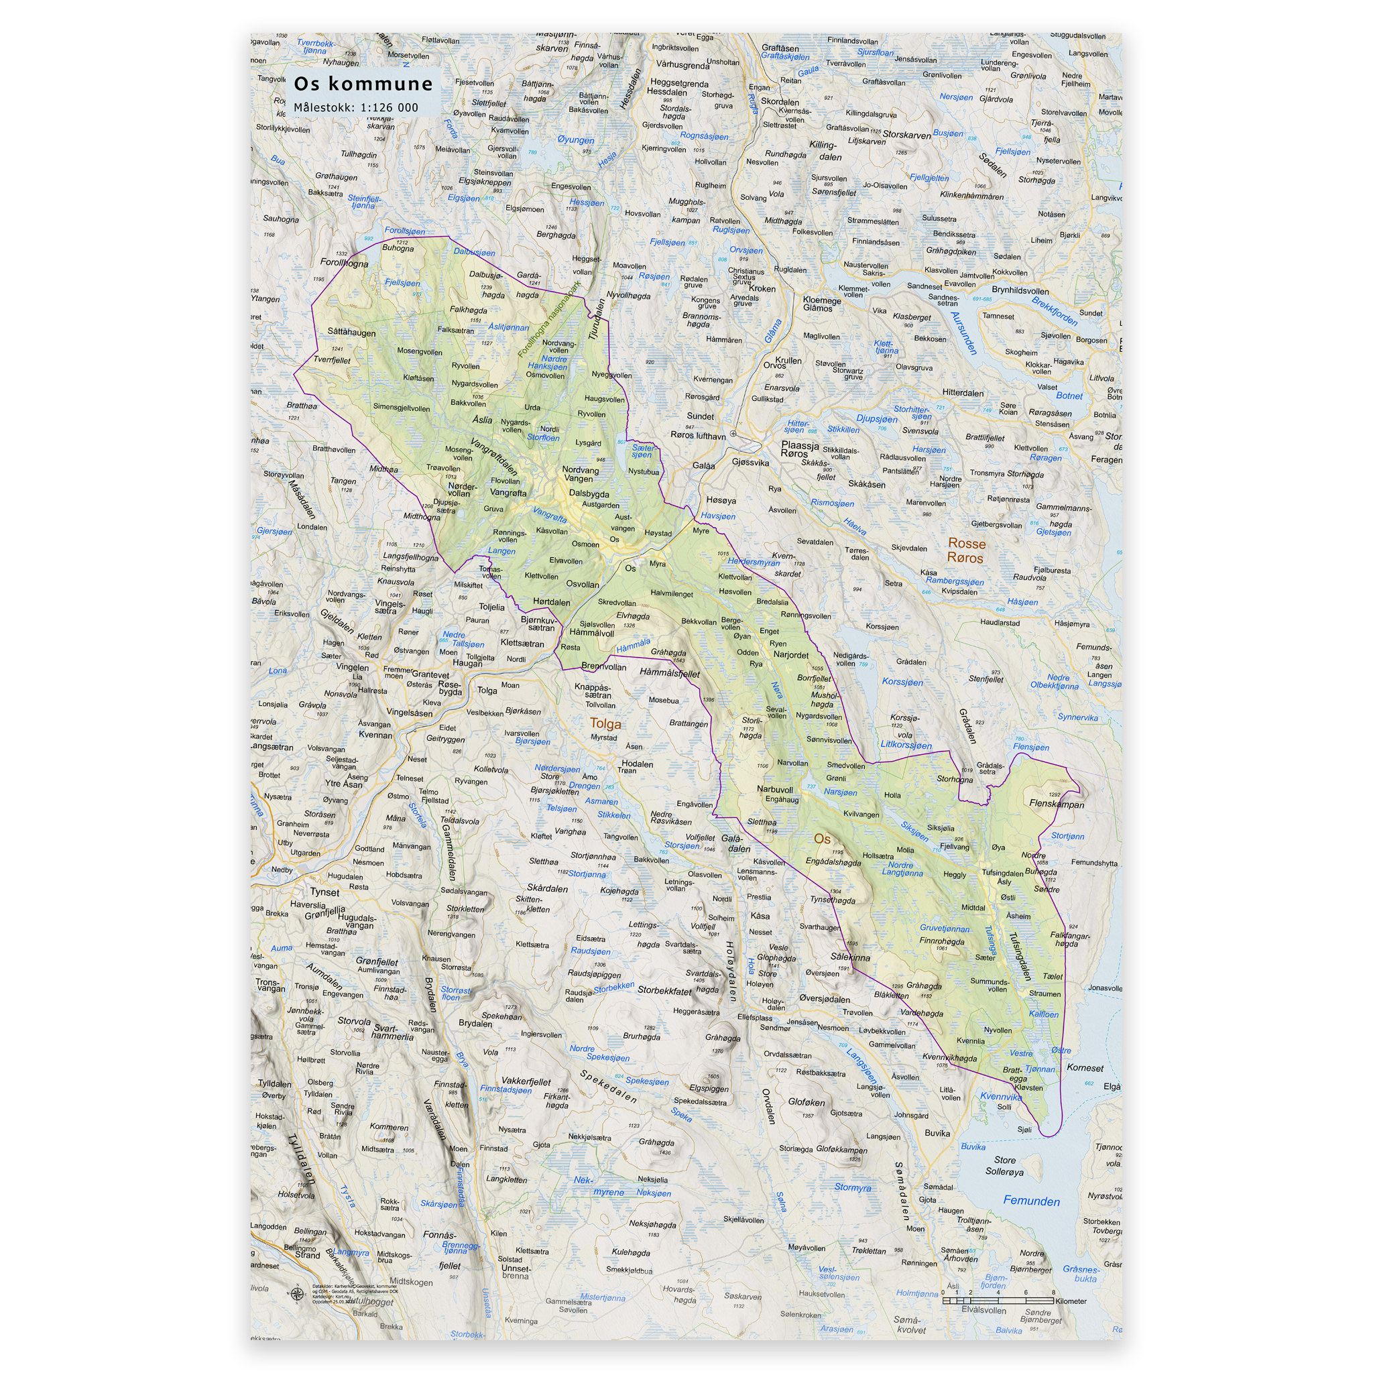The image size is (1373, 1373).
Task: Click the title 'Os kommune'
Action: pos(363,84)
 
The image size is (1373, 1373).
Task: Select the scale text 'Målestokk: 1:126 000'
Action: pos(356,108)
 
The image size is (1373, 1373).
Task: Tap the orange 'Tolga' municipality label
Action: pos(605,723)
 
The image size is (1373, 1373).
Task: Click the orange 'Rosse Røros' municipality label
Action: pos(966,551)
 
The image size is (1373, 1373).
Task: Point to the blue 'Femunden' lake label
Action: pos(1031,1201)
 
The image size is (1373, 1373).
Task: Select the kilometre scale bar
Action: pos(998,1301)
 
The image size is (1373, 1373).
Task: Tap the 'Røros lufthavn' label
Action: pos(698,436)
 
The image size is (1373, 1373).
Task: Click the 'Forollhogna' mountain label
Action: pos(344,262)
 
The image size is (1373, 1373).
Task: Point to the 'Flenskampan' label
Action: pos(1057,804)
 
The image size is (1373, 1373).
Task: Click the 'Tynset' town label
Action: pos(324,892)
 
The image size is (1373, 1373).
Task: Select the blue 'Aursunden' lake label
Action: pos(963,333)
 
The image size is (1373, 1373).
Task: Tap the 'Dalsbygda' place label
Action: pos(589,493)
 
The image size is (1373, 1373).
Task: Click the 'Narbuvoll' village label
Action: pos(774,789)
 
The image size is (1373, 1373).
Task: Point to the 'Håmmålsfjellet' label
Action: pos(670,672)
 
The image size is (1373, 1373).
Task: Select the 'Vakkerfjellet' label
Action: pos(526,1081)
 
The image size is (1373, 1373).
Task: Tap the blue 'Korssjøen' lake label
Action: pos(902,682)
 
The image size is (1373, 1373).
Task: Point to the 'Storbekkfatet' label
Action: pos(664,990)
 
